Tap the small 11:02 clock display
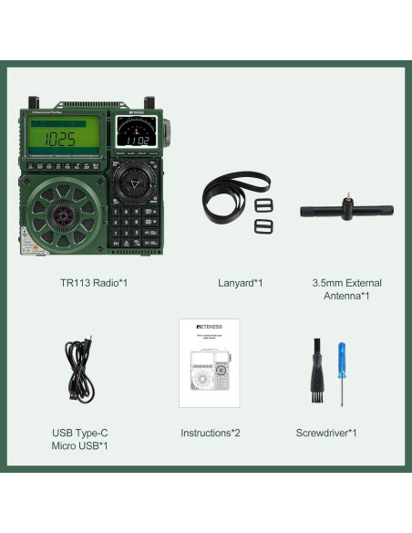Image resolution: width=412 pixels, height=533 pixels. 138,141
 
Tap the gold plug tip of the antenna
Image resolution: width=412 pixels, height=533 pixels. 347,196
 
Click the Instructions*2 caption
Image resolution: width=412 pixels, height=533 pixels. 211,433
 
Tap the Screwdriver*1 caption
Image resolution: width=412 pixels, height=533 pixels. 326,433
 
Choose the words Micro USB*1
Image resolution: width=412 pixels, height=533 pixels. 79,445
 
